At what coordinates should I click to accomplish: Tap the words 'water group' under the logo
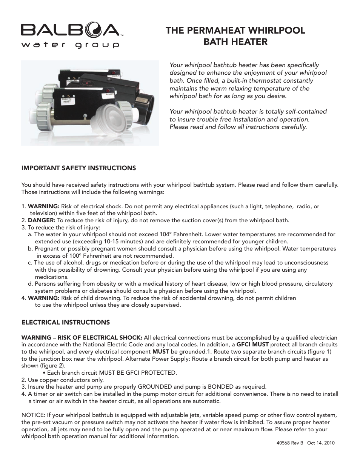point(70,45)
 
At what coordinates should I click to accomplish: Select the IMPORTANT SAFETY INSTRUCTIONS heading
point(78,168)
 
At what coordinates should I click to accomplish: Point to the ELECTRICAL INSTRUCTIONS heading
point(66,323)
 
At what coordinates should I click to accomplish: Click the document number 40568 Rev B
point(290,443)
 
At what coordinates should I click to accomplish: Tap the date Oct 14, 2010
point(321,443)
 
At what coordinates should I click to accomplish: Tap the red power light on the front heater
point(108,91)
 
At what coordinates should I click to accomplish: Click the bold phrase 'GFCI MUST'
point(252,345)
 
